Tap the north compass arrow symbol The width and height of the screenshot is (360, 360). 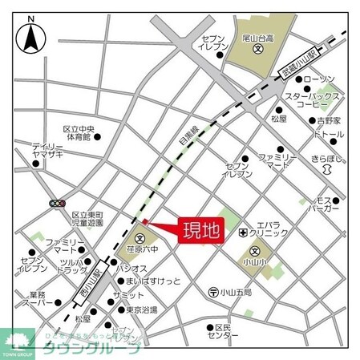coord(30,35)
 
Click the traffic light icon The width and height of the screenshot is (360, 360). coord(57,204)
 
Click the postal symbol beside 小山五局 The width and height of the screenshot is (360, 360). coord(213,292)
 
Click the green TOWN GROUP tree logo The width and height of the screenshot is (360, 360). coord(15,343)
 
